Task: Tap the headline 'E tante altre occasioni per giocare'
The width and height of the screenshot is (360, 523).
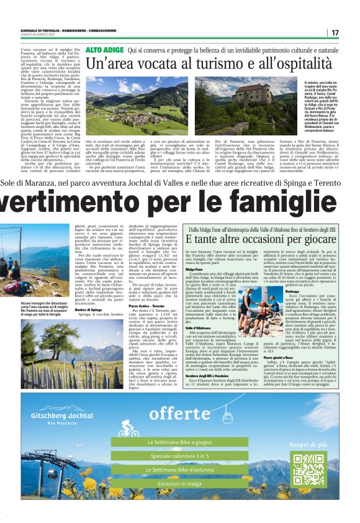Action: point(260,239)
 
